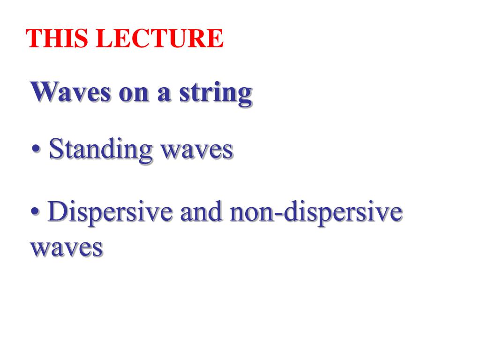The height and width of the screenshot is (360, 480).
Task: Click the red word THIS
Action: tap(57, 38)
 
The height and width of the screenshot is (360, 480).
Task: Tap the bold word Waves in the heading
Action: tap(70, 92)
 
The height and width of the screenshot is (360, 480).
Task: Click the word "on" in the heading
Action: tap(134, 94)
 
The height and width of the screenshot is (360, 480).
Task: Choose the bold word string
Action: tap(216, 93)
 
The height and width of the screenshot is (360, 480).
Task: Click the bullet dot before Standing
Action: tap(36, 149)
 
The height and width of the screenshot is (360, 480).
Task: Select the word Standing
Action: tap(101, 150)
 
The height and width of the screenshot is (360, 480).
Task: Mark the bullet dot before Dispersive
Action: tap(35, 211)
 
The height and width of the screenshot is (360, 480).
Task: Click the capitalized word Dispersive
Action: tap(110, 212)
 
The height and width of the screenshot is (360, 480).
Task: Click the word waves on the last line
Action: tap(67, 248)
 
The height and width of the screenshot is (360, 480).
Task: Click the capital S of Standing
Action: tap(56, 149)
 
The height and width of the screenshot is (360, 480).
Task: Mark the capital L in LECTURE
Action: tap(105, 38)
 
